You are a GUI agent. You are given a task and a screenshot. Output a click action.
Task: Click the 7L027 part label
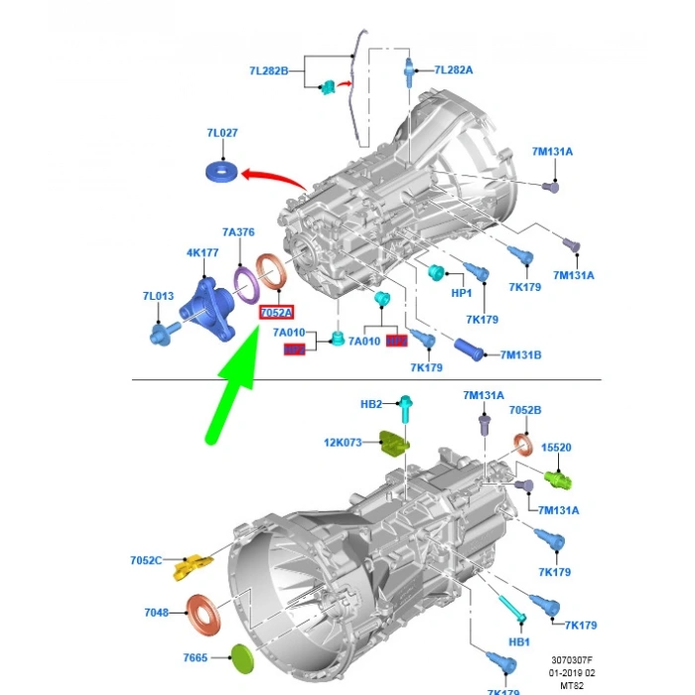222,133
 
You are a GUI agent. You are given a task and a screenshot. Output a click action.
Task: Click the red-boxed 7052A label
276,313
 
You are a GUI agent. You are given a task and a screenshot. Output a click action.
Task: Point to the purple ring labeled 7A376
246,282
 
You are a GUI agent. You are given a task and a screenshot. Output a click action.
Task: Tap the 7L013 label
158,296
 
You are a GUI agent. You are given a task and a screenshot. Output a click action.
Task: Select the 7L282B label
268,71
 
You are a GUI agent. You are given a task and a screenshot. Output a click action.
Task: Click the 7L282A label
454,69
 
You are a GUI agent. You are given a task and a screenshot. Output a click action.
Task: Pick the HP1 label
462,295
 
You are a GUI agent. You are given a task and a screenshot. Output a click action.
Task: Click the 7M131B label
520,354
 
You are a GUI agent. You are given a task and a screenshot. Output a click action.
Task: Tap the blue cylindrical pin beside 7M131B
474,348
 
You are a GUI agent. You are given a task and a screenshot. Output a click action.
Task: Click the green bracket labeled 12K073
396,442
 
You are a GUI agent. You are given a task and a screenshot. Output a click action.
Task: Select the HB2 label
370,404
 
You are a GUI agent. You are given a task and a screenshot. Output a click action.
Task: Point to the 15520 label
556,448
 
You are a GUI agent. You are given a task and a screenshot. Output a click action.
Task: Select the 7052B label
525,410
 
